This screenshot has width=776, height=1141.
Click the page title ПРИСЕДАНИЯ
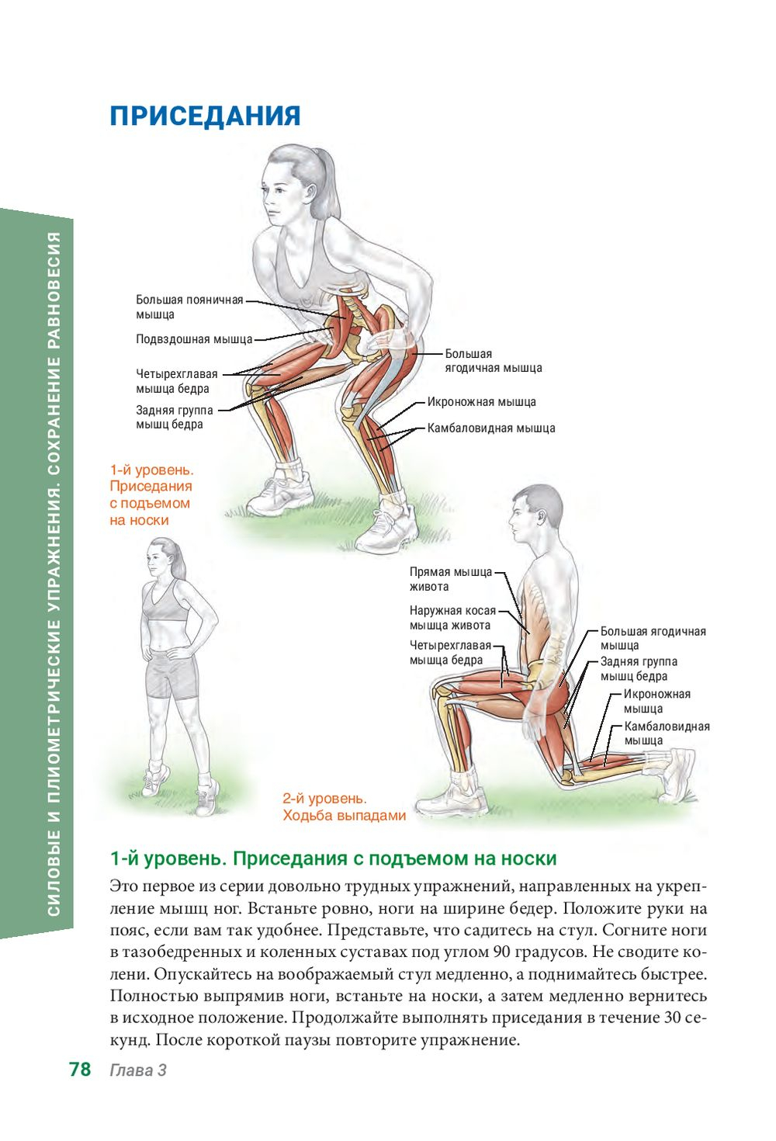click(205, 116)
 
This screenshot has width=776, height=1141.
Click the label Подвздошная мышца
click(194, 339)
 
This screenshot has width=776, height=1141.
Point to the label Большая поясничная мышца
click(189, 307)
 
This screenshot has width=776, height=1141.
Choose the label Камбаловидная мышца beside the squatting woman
click(491, 428)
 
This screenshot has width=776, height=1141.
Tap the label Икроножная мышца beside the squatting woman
click(481, 402)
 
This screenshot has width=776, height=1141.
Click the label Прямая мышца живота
click(451, 579)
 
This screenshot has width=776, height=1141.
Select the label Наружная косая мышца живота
click(452, 617)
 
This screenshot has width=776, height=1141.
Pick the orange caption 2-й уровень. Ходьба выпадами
click(345, 807)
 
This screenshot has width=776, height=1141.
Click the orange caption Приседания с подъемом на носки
click(151, 503)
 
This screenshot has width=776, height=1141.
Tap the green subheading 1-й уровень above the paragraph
click(168, 858)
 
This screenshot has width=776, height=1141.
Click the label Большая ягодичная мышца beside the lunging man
click(653, 638)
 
